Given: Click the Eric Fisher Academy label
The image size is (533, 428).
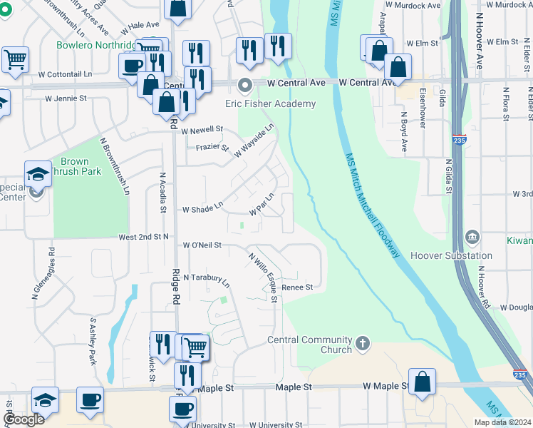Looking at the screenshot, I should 270,104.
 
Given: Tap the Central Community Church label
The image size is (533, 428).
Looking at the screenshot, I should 309,345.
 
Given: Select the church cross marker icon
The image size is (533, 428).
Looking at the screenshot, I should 363,344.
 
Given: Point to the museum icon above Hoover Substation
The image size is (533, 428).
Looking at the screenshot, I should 471,237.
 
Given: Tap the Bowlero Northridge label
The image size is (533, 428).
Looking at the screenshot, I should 98,45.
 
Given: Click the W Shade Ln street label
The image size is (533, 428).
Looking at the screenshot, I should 202,210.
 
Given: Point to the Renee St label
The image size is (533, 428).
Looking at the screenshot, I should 298,287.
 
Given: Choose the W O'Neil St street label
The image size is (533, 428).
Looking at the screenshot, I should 202,245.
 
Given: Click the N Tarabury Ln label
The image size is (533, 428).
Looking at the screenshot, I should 207,279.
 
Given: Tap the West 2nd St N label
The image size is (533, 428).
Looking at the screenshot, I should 144,236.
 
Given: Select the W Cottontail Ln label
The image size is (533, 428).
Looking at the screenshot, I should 65,74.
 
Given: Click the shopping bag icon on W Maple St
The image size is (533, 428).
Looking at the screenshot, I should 423,382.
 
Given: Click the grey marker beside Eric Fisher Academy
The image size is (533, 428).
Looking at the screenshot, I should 246,87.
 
